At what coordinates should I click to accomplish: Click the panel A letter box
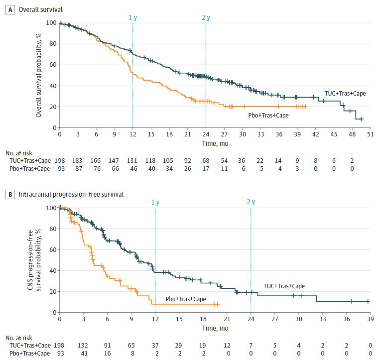7,8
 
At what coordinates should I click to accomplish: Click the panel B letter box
7,194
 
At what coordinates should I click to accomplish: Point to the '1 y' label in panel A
132,17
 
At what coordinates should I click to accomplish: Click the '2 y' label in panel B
251,202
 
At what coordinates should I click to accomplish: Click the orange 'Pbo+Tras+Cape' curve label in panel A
268,115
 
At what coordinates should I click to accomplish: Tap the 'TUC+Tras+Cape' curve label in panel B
284,286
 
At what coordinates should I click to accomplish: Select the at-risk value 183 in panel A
78,161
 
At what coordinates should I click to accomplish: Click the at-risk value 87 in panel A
78,169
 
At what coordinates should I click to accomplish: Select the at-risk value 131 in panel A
132,161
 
